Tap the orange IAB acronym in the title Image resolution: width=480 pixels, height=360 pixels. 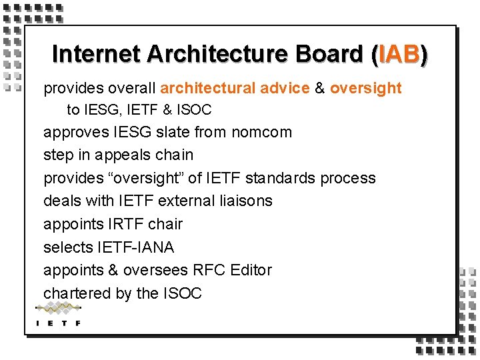click(399, 54)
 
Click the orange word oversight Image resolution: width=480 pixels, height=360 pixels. click(366, 88)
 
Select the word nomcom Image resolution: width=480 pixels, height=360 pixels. click(261, 132)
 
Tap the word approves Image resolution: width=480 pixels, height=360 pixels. click(73, 132)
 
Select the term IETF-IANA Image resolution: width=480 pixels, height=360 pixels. click(135, 247)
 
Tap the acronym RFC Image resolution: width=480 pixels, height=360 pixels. click(209, 270)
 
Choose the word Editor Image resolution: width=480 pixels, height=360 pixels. click(251, 270)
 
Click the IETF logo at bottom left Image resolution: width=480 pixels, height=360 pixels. click(58, 314)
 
